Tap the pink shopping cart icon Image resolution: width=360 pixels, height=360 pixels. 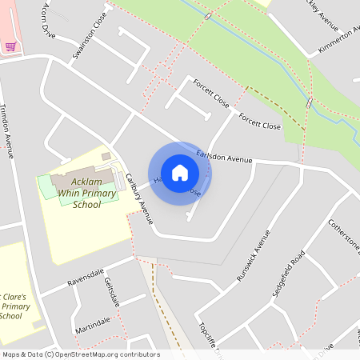[x=10, y=46]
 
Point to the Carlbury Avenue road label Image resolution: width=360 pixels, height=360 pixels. [x=138, y=198]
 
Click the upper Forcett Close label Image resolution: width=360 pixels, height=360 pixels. [x=210, y=93]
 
